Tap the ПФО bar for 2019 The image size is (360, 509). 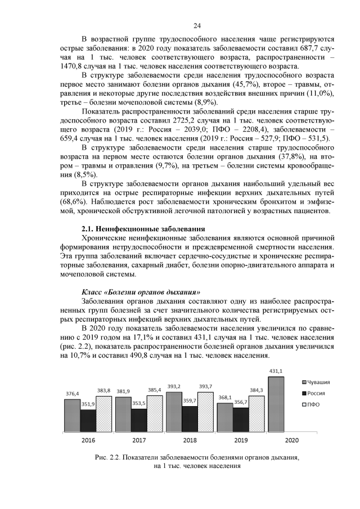point(256,414)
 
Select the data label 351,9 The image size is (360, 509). point(89,404)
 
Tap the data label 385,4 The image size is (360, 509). point(155,390)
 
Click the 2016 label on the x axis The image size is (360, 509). point(88,440)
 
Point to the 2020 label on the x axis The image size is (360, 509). point(292,440)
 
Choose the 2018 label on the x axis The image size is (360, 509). point(190,440)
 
